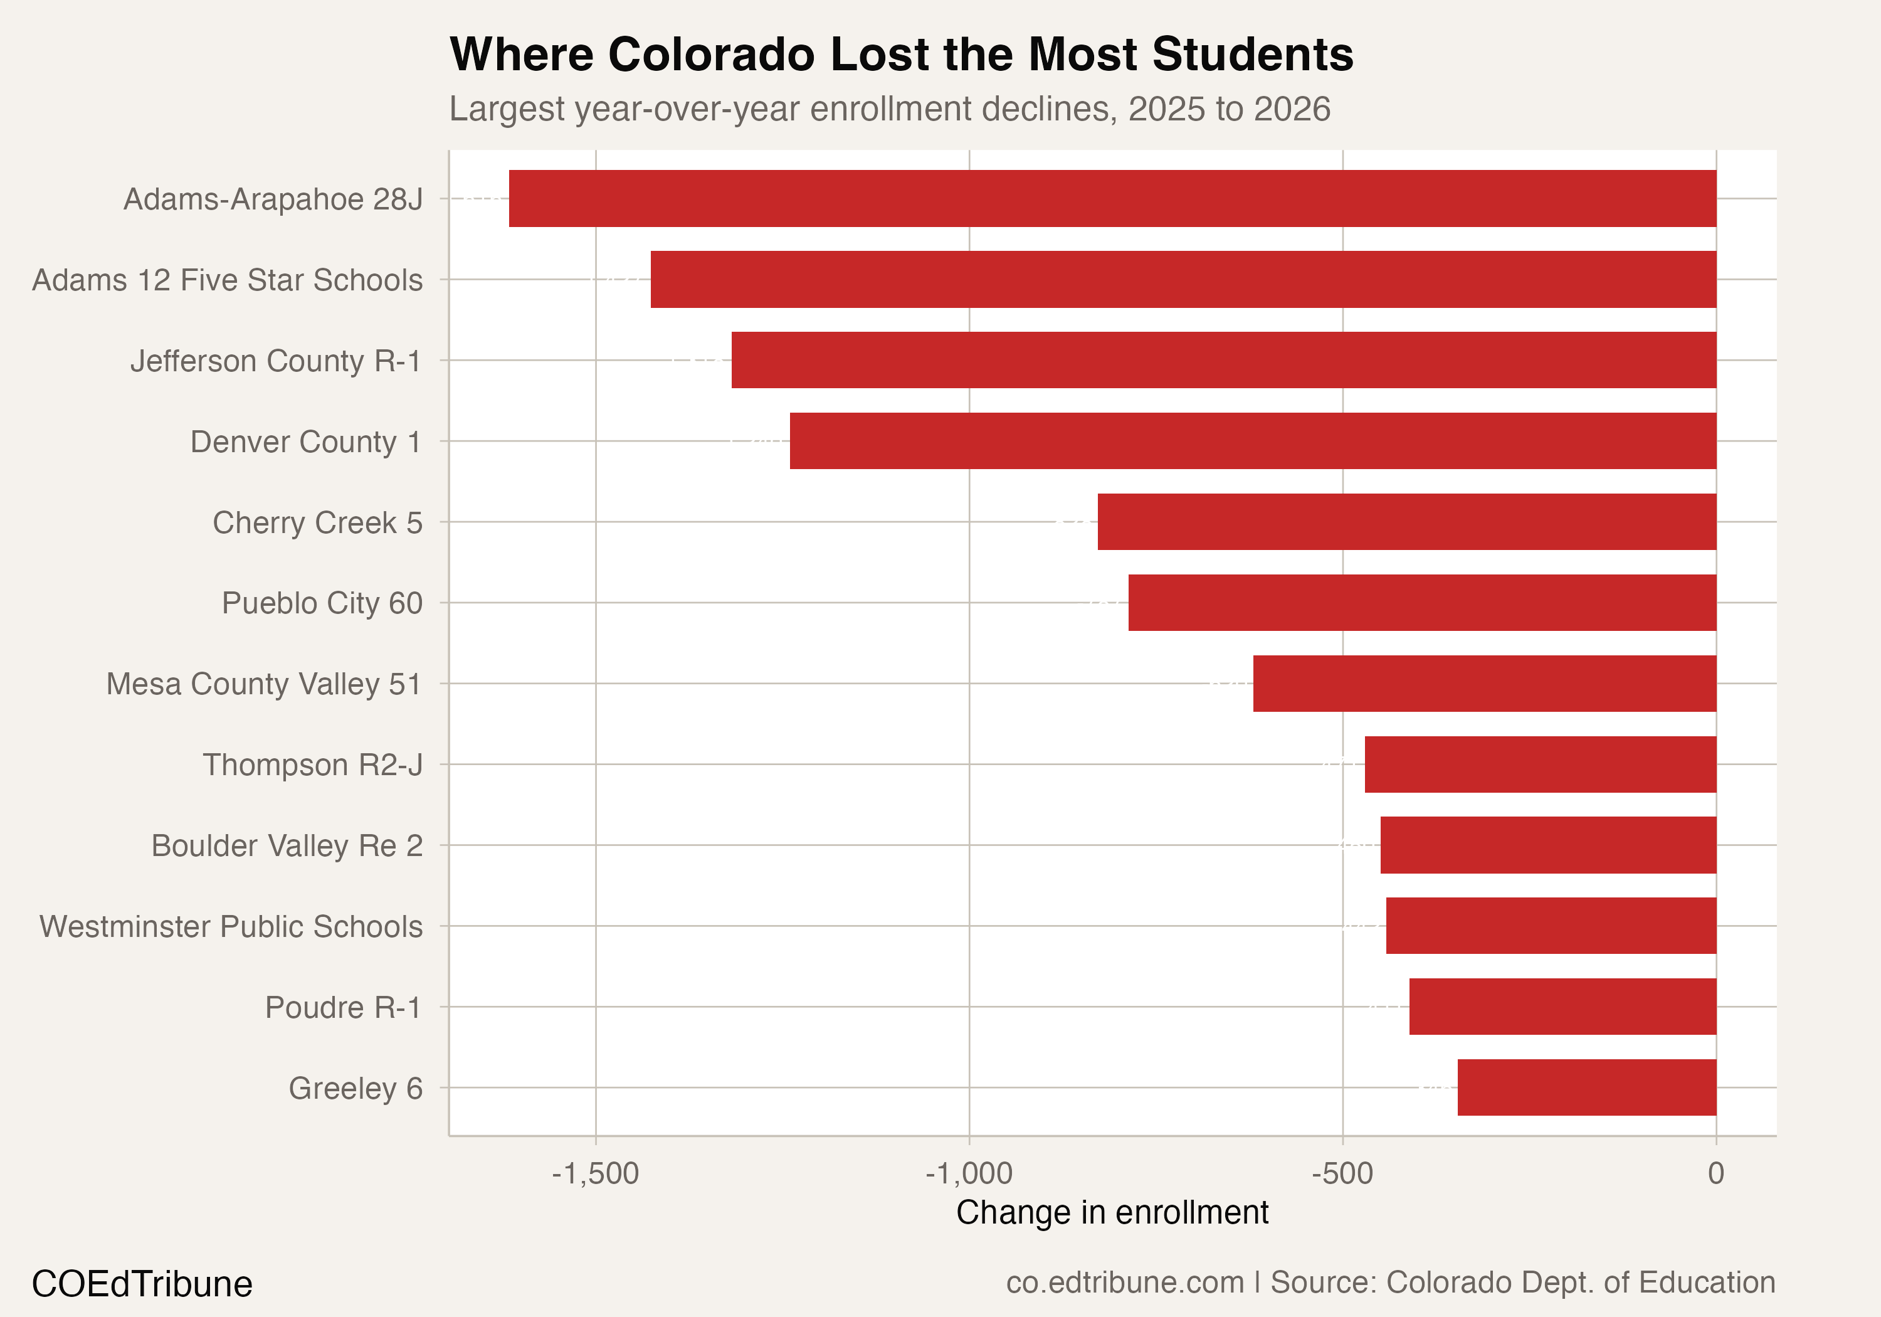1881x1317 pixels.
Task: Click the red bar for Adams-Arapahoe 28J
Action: [x=1112, y=198]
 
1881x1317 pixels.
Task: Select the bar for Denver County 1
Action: [x=1252, y=441]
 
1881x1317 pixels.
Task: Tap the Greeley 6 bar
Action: [x=1586, y=1087]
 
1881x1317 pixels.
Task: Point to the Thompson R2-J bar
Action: [x=1539, y=764]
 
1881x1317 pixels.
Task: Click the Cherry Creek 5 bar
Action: [x=1406, y=521]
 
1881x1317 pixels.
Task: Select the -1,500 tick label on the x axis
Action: [x=595, y=1173]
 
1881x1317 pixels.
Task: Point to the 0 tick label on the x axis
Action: [x=1715, y=1173]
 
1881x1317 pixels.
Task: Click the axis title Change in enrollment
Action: [x=1112, y=1212]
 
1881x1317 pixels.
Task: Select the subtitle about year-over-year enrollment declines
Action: [x=889, y=109]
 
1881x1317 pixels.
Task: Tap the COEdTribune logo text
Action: [x=142, y=1283]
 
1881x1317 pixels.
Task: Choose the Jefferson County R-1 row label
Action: [x=276, y=361]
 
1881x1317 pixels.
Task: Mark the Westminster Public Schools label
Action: [x=231, y=926]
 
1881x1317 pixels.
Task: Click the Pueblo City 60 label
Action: [x=322, y=603]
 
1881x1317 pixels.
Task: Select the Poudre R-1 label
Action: [x=343, y=1007]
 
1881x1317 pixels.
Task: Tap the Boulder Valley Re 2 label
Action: [x=287, y=845]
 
